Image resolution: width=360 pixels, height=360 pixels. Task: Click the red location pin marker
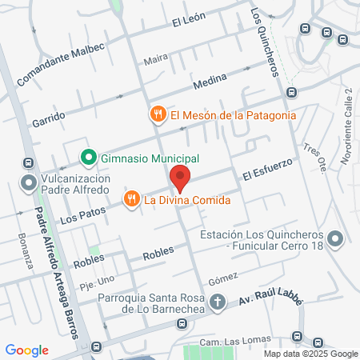180,177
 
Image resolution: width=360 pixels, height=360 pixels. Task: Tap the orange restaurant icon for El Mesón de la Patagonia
158,114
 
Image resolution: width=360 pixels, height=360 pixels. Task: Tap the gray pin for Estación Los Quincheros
335,239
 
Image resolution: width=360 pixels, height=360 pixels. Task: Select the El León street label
190,22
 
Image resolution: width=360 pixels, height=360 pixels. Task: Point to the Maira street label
155,59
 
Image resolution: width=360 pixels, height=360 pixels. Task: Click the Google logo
26,350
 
